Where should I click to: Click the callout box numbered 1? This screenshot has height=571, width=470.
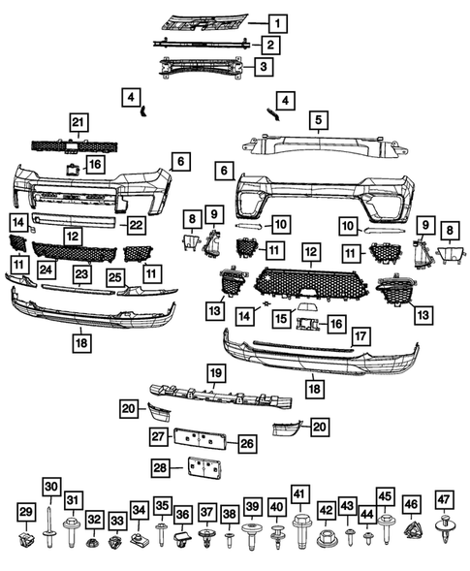click(278, 23)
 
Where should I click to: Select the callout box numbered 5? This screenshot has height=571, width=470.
click(319, 120)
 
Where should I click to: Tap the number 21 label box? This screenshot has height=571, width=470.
click(78, 122)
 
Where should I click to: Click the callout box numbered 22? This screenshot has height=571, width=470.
click(136, 225)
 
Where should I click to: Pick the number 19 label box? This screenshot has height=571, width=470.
click(216, 373)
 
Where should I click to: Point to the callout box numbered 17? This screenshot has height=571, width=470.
click(360, 336)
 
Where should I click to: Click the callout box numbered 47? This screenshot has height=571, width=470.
click(444, 499)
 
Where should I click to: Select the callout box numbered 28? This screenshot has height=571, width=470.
click(161, 467)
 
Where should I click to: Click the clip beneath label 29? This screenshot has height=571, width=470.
click(26, 539)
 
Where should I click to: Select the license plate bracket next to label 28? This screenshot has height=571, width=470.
click(204, 467)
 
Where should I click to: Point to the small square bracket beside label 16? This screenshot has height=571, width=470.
click(72, 170)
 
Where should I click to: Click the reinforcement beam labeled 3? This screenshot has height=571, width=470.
click(201, 67)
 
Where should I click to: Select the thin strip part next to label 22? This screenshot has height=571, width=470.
click(75, 220)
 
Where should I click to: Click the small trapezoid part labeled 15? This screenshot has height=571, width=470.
click(307, 307)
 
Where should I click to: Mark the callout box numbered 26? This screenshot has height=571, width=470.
click(247, 444)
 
